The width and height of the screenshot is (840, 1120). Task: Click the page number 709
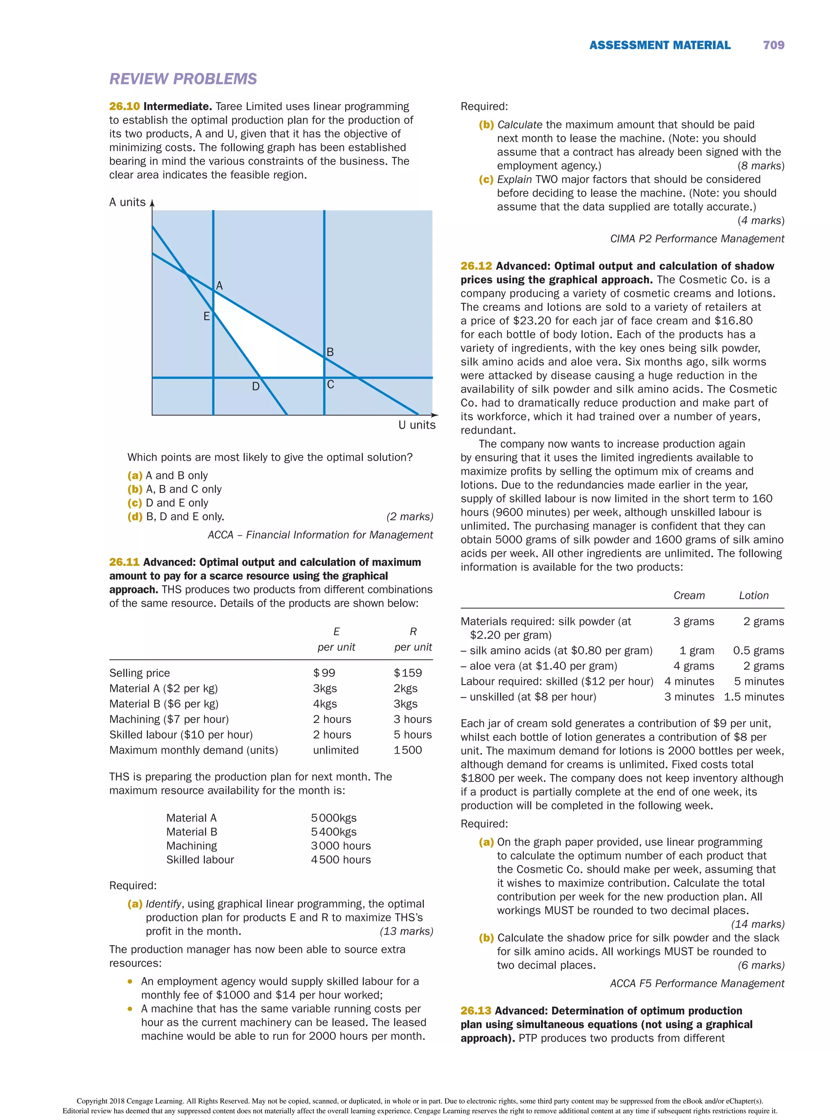(x=773, y=45)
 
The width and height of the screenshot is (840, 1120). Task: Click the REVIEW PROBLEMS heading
(x=183, y=79)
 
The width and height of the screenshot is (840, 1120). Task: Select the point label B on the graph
(x=330, y=352)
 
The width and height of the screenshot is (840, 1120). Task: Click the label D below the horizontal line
(x=256, y=387)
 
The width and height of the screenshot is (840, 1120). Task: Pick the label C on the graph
(x=331, y=385)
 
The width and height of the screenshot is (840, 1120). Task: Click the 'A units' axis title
(x=128, y=202)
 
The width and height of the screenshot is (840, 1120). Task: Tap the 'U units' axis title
(x=416, y=425)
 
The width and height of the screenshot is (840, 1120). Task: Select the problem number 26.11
(x=124, y=562)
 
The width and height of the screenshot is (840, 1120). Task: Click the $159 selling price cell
(x=408, y=673)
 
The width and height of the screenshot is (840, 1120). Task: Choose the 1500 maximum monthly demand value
(x=408, y=750)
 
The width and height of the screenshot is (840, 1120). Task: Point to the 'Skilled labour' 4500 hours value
(x=340, y=859)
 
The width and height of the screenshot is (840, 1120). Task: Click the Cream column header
(x=689, y=595)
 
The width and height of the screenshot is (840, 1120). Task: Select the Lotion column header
(x=753, y=595)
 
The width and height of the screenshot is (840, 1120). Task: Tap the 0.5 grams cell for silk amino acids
(x=758, y=650)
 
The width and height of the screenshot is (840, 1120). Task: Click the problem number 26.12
(x=476, y=266)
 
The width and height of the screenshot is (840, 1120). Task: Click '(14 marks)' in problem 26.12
(x=758, y=924)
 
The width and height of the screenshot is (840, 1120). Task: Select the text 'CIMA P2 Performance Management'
(x=697, y=239)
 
